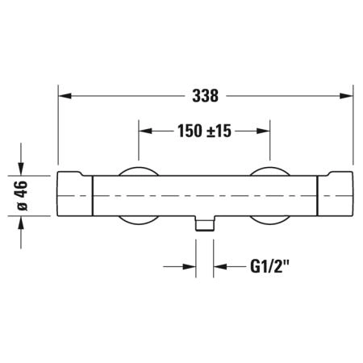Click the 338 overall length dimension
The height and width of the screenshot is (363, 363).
click(205, 96)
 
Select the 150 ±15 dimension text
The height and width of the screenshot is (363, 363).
click(204, 131)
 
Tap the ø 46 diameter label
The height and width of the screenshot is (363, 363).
click(23, 195)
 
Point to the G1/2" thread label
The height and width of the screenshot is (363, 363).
click(269, 266)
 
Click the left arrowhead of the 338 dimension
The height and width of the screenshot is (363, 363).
click(65, 96)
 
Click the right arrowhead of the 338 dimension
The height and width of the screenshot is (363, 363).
click(346, 96)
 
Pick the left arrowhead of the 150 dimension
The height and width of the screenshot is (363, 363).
click(145, 131)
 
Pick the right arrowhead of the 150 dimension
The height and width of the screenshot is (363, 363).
click(263, 131)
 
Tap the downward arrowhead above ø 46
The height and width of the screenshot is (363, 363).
click(21, 169)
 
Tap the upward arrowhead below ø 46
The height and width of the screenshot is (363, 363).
click(21, 223)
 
